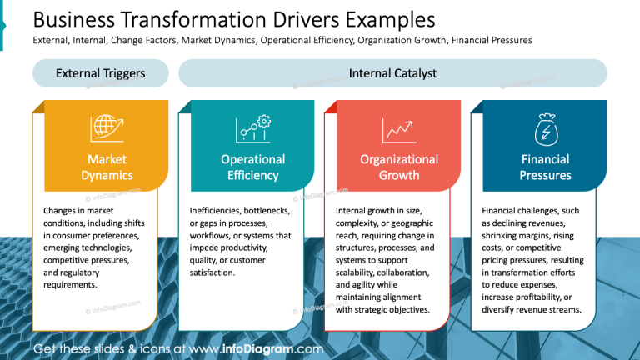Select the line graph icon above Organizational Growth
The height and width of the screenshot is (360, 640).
point(399,130)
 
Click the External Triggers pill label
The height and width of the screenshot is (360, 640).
point(100,73)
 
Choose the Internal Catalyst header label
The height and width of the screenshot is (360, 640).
point(392,73)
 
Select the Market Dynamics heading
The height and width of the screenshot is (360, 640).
point(107,167)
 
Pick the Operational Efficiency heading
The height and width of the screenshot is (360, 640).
point(252,167)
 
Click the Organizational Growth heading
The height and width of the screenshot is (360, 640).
point(399,167)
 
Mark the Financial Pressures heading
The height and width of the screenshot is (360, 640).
point(545,167)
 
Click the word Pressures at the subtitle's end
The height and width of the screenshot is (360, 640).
point(511,40)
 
